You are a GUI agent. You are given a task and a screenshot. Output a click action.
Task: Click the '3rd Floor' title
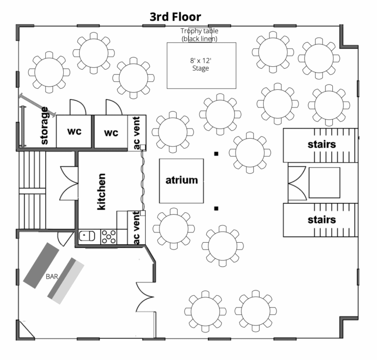tap(175, 17)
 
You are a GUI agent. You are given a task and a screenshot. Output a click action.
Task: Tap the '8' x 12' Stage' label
tap(200, 64)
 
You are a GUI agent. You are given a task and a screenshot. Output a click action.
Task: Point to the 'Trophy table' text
tap(199, 31)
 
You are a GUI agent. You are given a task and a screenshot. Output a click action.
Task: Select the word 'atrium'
tap(182, 180)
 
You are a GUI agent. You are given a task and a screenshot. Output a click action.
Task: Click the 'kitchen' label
tap(101, 192)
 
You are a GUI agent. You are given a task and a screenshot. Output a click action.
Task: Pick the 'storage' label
tap(44, 126)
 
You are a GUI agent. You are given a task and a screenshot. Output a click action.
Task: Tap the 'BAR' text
tap(52, 277)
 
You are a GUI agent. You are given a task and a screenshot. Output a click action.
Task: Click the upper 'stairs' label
tap(322, 144)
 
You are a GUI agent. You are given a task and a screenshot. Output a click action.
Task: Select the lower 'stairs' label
tap(322, 220)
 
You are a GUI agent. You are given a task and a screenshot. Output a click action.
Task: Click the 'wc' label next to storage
tap(74, 131)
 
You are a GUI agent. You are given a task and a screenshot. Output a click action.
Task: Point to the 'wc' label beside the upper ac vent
tap(111, 132)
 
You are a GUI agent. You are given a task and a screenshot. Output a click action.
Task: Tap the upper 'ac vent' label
tap(136, 132)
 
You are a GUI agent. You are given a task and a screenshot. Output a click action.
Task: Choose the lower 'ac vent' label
tap(136, 228)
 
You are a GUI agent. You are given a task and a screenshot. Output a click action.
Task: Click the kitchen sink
tap(87, 236)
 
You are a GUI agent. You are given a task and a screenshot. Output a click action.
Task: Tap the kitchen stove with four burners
tap(108, 237)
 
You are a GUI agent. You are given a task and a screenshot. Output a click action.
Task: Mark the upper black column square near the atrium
tap(216, 154)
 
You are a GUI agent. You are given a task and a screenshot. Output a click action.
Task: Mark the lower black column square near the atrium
tap(216, 208)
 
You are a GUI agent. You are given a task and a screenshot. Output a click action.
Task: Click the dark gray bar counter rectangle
tap(41, 265)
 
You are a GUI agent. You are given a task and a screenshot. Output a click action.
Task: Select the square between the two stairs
tap(324, 183)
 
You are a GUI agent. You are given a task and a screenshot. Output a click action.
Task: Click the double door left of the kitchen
tap(69, 183)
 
